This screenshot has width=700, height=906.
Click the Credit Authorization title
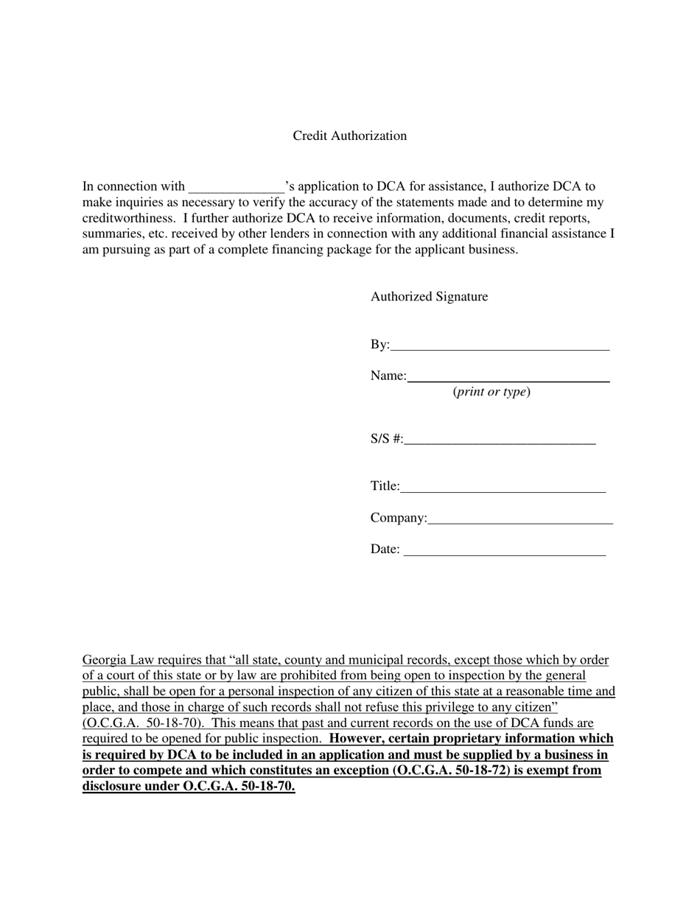click(x=349, y=136)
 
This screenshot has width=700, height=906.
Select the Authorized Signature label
click(x=429, y=297)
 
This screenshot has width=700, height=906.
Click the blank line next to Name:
click(x=508, y=379)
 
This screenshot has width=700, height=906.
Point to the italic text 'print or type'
click(x=491, y=392)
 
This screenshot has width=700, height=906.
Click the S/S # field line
click(x=500, y=442)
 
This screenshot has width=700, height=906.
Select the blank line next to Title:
click(x=503, y=489)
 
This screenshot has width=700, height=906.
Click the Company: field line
click(x=519, y=521)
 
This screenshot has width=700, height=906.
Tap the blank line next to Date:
click(x=505, y=552)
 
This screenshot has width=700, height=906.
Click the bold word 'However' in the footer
click(x=355, y=739)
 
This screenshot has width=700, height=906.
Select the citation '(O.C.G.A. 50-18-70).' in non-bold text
click(x=143, y=723)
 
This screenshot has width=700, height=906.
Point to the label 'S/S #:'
click(x=386, y=440)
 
